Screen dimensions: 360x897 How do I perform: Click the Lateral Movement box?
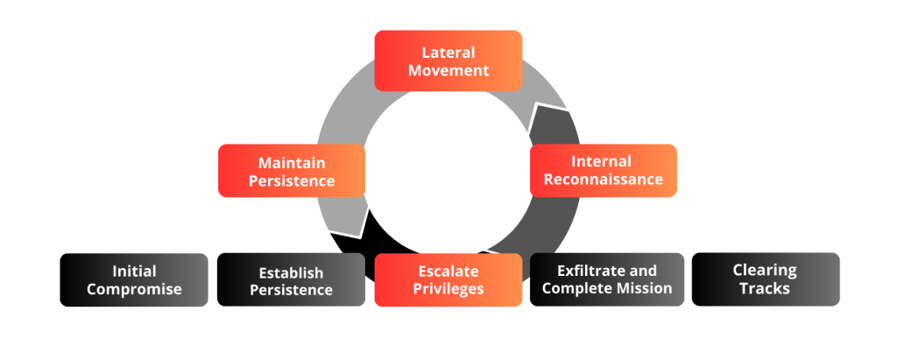[x=448, y=60]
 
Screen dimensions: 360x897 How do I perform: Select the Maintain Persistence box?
[x=291, y=172]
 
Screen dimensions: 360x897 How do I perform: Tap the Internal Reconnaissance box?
[x=604, y=171]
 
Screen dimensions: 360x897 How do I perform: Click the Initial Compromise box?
[x=133, y=279]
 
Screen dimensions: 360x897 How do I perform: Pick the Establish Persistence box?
[x=291, y=280]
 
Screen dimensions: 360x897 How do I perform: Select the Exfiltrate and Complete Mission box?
[x=606, y=279]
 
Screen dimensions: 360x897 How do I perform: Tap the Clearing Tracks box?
[x=765, y=279]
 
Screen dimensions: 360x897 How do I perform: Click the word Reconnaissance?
[x=604, y=180]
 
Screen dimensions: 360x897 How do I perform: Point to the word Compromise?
[x=134, y=289]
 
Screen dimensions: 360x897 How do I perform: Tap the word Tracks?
[x=765, y=288]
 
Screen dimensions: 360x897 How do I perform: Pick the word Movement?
[x=448, y=70]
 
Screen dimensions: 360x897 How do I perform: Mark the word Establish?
[x=291, y=272]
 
